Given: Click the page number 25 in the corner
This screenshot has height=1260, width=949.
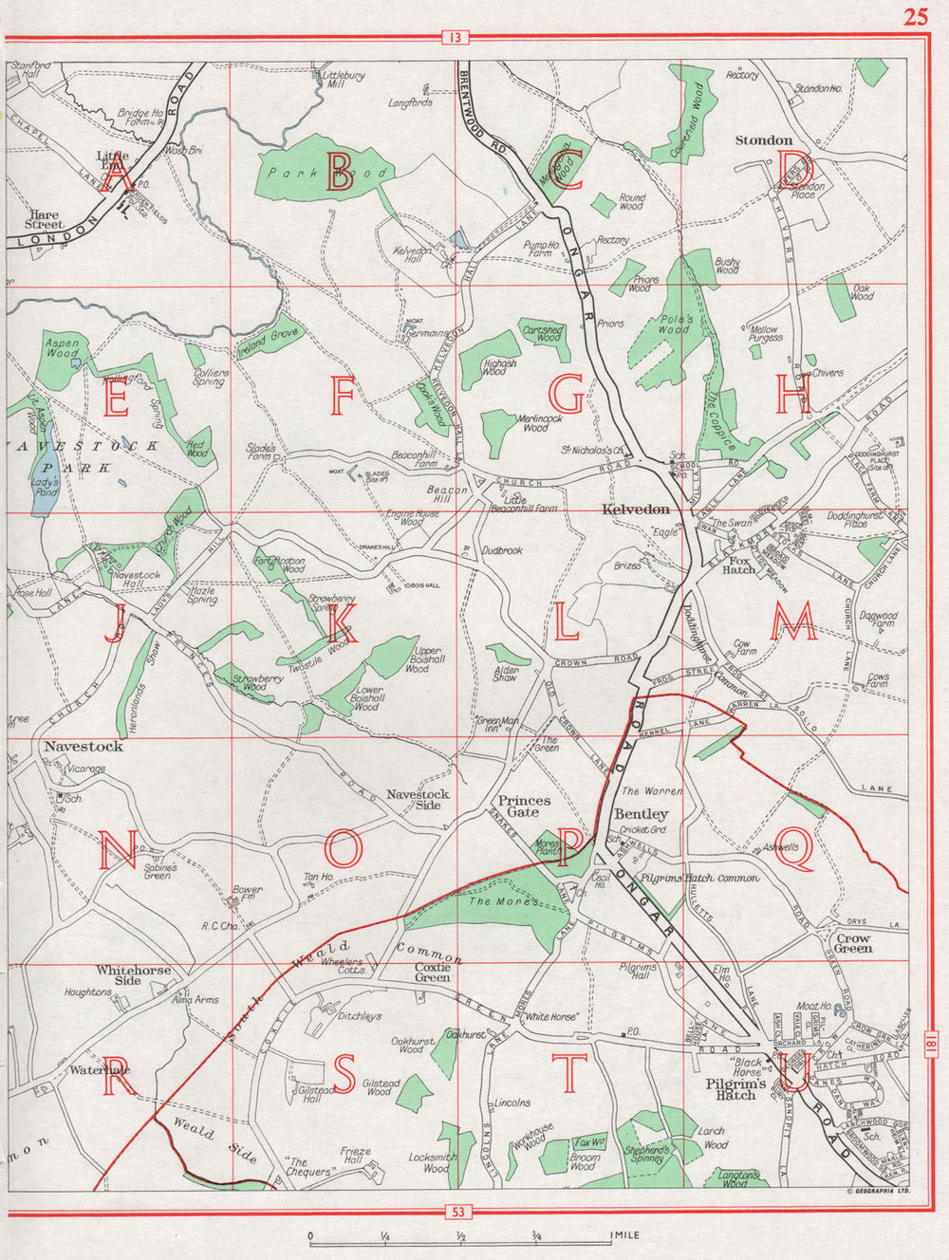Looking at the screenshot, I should [916, 18].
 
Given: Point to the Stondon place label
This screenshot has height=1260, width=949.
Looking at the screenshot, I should [764, 140].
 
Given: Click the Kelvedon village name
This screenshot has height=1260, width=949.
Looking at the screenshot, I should [636, 510].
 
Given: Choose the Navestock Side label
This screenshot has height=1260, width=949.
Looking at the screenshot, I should [419, 799].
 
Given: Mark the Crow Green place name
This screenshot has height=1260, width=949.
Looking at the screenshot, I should [854, 942].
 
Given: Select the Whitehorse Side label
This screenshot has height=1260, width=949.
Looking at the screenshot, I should [133, 974].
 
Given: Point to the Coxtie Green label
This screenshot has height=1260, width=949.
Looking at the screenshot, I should [433, 972].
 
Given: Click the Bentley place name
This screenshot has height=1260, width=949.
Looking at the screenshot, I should [642, 814].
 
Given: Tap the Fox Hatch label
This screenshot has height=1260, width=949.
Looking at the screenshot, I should [738, 565].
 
